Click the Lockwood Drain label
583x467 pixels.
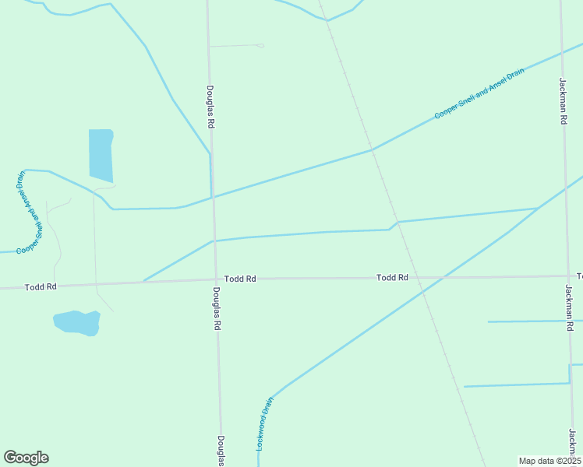265,425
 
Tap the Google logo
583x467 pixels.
26,458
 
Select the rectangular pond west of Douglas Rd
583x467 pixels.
101,155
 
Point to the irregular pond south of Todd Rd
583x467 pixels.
76,322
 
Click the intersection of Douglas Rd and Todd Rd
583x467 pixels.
216,279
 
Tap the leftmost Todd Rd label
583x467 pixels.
41,286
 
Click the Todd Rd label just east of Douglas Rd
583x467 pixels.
240,278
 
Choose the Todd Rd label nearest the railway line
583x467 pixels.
392,277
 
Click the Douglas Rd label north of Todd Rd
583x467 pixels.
210,107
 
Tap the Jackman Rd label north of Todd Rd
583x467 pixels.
563,101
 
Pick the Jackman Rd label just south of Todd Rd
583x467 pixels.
569,308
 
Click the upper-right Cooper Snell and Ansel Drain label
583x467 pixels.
479,93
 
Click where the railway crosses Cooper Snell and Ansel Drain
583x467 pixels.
373,149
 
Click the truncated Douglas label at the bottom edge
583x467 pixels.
221,451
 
